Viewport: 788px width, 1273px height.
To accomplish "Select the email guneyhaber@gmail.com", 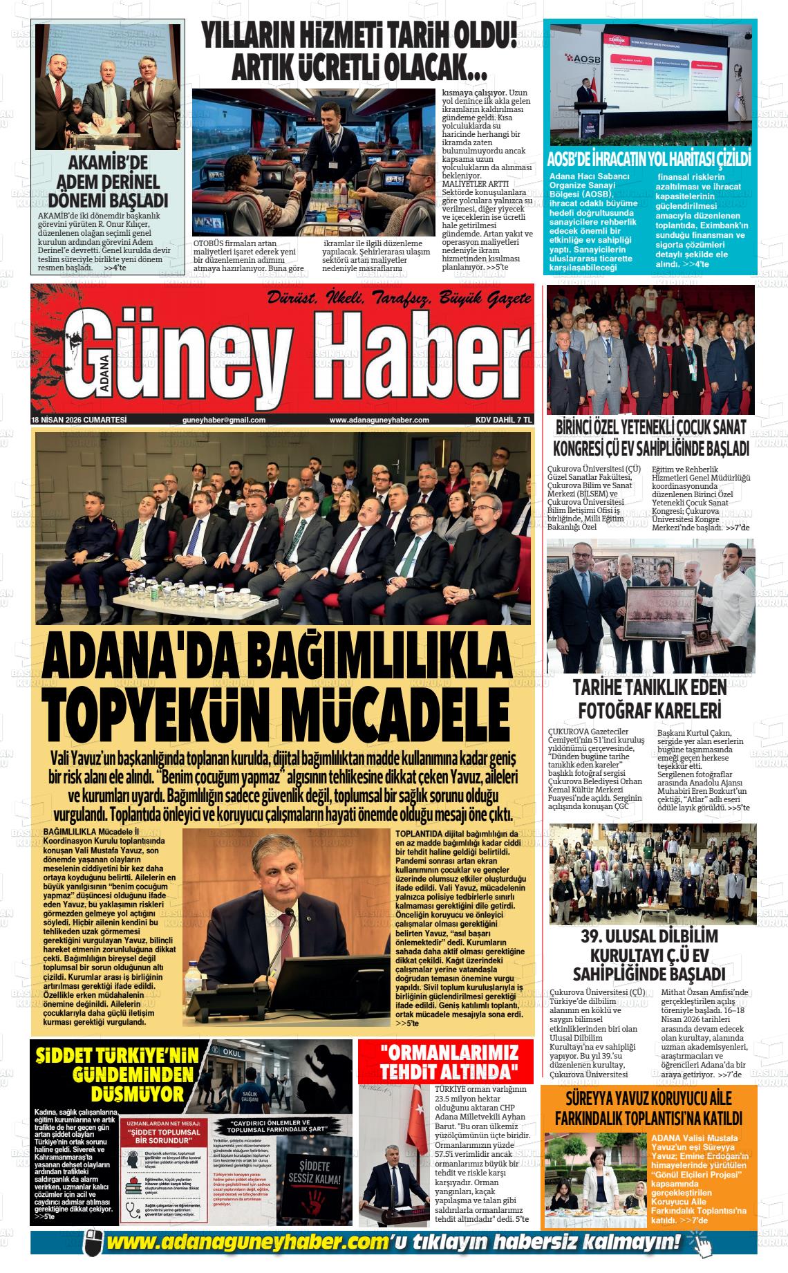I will coord(224,420).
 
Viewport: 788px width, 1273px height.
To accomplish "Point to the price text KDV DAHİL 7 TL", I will coord(503,420).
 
